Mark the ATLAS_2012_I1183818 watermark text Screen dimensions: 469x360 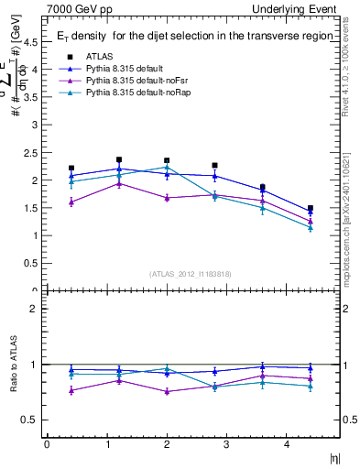click(190, 274)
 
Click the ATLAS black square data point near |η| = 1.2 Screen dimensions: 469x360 click(119, 159)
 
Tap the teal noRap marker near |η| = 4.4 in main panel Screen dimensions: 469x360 click(311, 227)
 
